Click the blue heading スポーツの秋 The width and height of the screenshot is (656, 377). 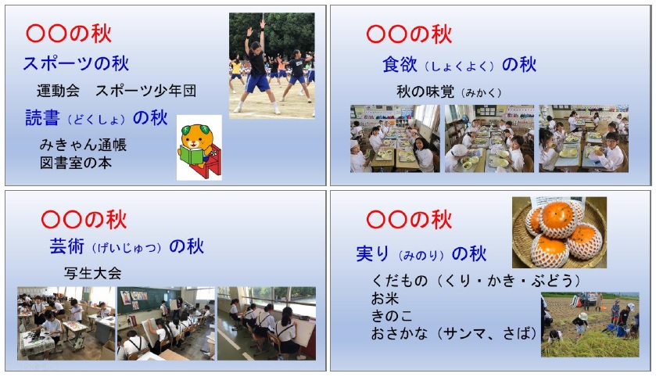[x=76, y=63]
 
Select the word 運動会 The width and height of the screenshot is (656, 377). [x=58, y=91]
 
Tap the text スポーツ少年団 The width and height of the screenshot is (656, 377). [x=146, y=91]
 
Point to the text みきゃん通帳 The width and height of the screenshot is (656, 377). [x=83, y=145]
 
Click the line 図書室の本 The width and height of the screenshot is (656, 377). [x=76, y=163]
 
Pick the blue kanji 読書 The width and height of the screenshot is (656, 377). [x=43, y=118]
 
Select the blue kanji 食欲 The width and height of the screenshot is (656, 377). [x=400, y=65]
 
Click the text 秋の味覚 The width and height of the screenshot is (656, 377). [x=425, y=92]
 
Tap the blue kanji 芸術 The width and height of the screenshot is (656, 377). [x=67, y=246]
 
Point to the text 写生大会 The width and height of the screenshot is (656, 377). [x=93, y=273]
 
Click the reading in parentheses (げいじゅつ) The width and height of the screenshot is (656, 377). [x=127, y=248]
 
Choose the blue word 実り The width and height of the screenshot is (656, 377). [x=373, y=254]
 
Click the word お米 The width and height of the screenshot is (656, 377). [x=385, y=299]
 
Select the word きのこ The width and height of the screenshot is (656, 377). [x=392, y=316]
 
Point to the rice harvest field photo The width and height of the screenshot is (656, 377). [x=590, y=325]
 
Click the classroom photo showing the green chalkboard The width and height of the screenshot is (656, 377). [x=166, y=324]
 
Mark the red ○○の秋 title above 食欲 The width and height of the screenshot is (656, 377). [x=409, y=34]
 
